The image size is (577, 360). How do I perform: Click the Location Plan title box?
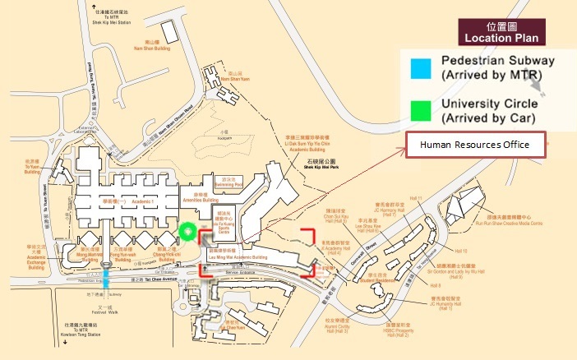pyautogui.click(x=504, y=31)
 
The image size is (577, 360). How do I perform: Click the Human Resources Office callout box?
pyautogui.click(x=479, y=145)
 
